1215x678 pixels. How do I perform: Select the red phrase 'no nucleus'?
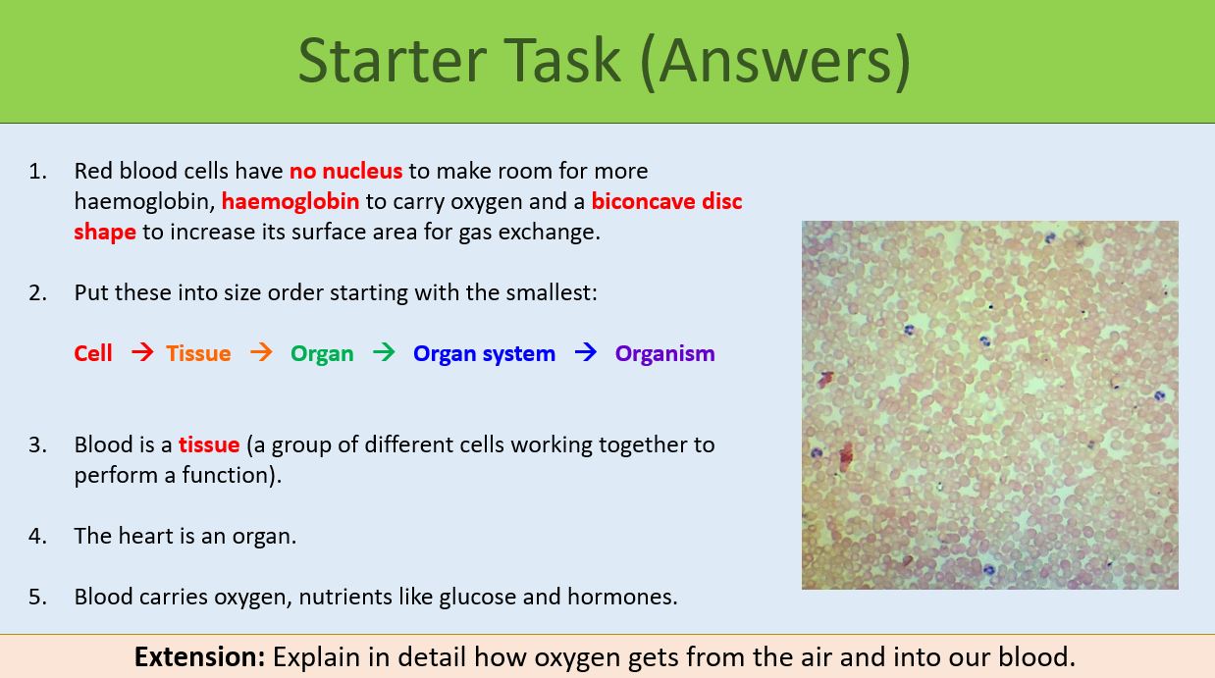[x=345, y=171]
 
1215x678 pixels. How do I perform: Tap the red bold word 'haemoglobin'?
[x=291, y=201]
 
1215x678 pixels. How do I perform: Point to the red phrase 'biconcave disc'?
[x=666, y=201]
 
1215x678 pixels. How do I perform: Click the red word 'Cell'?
[x=93, y=353]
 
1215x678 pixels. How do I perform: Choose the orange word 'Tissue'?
[x=198, y=353]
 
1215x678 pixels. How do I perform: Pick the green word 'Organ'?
[x=322, y=353]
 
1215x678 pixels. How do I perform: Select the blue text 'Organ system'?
[x=484, y=353]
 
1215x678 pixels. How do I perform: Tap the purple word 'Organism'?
[x=664, y=353]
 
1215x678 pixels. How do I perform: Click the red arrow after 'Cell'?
[x=142, y=352]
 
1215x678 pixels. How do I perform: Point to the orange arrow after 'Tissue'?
[x=261, y=352]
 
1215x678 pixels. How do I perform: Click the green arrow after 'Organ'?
[x=384, y=352]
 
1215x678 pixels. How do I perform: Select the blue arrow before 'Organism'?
[x=586, y=352]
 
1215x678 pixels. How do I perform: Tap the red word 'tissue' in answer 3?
[x=209, y=444]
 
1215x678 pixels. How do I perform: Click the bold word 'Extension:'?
[x=199, y=656]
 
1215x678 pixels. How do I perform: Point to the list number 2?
[x=37, y=292]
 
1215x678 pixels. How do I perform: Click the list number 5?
[x=37, y=597]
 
